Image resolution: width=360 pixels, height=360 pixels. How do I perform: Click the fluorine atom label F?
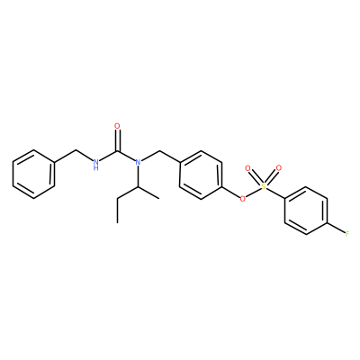347,234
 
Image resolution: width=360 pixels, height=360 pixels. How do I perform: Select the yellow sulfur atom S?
264,186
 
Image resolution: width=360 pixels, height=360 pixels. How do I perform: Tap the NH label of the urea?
96,165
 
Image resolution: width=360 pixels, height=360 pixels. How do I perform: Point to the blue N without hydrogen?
138,162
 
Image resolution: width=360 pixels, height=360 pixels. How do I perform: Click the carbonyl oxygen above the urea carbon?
117,126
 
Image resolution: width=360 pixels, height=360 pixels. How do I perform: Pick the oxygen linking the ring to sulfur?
242,198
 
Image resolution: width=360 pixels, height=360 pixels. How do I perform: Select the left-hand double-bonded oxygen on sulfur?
247,168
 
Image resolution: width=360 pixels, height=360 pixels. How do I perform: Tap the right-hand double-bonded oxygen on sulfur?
279,168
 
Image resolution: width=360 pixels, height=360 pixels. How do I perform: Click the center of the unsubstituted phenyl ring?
33,175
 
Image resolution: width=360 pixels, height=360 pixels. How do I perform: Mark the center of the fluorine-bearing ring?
306,211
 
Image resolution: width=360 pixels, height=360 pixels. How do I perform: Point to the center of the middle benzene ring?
201,175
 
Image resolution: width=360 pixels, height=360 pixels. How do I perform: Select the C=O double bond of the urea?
117,140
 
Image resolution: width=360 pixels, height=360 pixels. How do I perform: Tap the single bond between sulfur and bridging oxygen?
254,192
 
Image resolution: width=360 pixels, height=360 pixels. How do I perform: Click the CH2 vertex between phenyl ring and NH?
76,150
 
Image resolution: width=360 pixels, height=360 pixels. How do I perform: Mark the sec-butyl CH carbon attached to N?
138,186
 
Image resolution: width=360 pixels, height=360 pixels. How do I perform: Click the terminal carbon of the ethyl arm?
117,222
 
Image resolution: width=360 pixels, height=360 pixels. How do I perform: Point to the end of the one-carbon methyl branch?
158,198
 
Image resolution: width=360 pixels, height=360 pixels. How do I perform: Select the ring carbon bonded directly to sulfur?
284,198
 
